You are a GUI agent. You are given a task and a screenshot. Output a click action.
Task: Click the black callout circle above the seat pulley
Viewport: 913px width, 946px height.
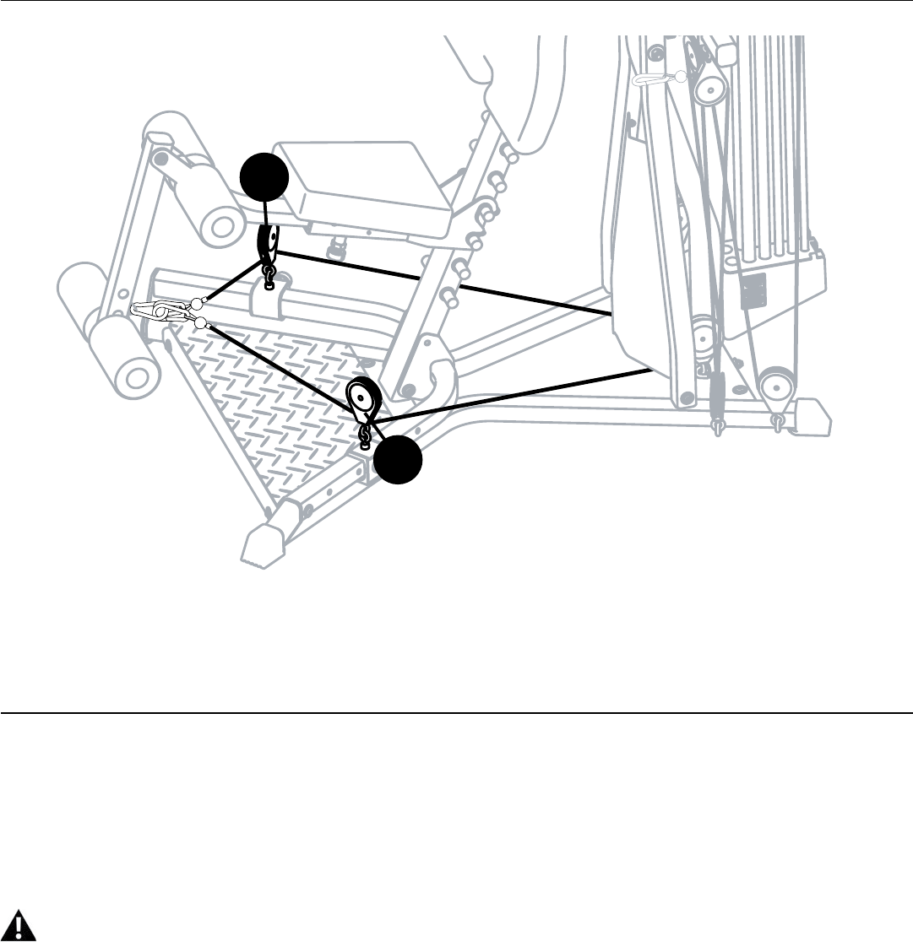264,178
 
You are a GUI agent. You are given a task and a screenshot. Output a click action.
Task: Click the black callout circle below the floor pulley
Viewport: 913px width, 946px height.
399,461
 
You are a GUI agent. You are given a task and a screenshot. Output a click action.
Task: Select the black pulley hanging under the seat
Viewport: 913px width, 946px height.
266,242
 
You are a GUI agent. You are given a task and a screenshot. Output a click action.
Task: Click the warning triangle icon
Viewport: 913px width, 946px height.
24,926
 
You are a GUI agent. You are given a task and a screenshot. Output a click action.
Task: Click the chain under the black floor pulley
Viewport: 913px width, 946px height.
365,435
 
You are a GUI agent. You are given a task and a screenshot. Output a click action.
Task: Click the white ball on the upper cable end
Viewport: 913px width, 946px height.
196,304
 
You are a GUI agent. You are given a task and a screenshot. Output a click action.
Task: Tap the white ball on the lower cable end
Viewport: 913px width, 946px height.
200,323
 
